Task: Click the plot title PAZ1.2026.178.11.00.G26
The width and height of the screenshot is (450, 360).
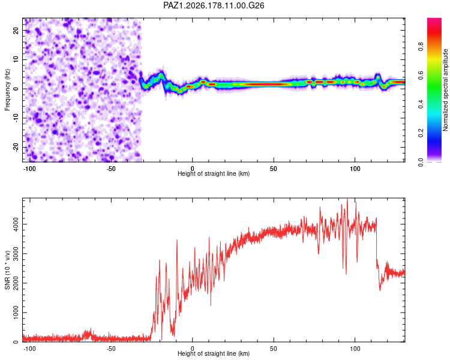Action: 214,5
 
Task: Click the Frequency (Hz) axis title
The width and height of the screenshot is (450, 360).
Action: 7,90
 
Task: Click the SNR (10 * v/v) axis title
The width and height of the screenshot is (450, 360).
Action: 7,270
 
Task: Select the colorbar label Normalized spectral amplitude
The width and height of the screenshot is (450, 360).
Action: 445,90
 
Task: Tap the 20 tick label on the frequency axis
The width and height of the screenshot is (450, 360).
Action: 16,31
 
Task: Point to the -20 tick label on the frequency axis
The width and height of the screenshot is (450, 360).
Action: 16,147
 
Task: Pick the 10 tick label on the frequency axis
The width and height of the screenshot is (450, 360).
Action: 16,59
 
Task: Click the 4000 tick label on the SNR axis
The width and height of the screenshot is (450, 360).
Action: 16,224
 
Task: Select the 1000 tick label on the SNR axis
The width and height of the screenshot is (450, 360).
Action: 16,313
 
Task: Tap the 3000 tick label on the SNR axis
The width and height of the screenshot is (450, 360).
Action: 16,253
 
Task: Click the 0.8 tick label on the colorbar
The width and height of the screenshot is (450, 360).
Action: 421,46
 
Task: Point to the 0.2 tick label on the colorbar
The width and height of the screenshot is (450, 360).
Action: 421,133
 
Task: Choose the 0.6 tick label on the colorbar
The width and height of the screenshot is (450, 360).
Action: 421,75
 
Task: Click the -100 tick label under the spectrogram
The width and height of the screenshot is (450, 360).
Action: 29,169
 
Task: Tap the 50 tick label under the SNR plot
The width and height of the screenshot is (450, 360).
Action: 274,349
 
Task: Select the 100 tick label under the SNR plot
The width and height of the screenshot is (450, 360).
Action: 355,349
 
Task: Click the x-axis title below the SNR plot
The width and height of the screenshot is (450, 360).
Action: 214,353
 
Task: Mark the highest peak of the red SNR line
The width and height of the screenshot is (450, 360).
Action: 347,199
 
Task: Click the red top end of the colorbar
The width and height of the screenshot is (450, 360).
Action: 434,19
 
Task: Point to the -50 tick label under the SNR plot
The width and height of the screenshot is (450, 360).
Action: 111,349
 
